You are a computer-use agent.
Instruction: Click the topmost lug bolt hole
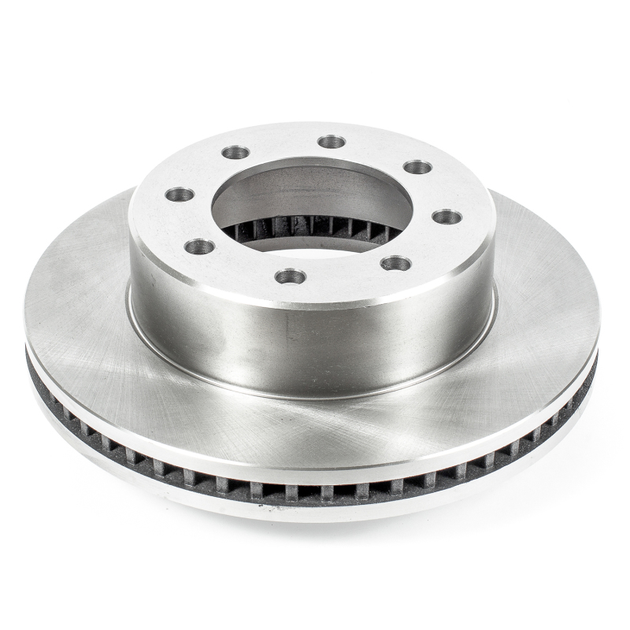click(x=332, y=142)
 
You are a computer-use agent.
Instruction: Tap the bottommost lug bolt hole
click(x=291, y=276)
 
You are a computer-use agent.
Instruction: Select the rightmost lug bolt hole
click(x=447, y=217)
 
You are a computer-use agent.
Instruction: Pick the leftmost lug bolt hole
click(x=180, y=195)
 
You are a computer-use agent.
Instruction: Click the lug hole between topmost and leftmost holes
click(x=235, y=152)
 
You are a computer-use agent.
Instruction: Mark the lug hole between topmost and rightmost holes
click(x=417, y=167)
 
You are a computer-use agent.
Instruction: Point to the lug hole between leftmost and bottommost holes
click(x=200, y=246)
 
